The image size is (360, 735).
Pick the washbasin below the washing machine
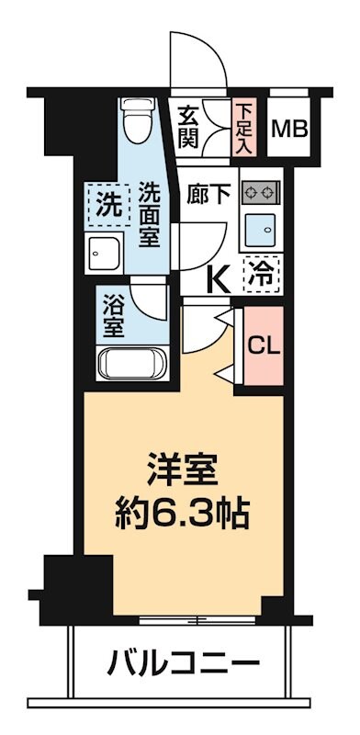108,252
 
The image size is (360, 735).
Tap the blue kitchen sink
261,227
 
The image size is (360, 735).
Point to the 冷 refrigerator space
262,272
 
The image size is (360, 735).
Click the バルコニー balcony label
185,659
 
